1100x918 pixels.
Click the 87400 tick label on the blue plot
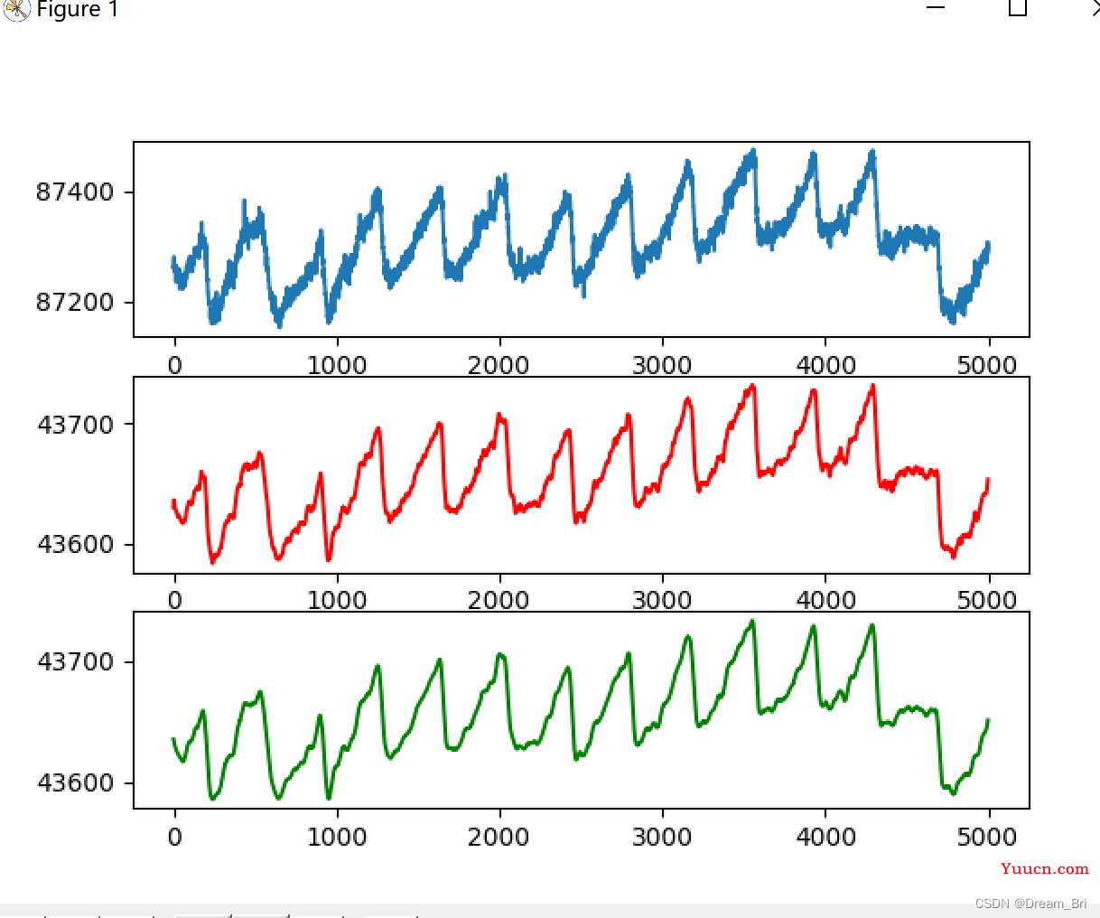75,192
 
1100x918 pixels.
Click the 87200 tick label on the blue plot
75,303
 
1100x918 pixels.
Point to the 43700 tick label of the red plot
76,425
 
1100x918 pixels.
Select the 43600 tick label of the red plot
76,545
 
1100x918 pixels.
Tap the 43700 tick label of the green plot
76,662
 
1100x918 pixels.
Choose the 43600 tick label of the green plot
76,782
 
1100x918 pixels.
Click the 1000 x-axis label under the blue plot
337,366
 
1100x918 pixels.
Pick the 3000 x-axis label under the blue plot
662,366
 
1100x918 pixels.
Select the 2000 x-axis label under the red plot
499,601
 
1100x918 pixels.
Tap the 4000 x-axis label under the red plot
825,601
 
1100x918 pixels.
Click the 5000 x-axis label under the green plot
988,838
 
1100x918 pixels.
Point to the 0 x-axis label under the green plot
174,838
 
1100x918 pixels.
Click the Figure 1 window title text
77,10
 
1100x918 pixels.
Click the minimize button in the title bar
936,8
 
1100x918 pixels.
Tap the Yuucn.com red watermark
1044,869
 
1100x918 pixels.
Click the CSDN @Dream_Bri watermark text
1030,904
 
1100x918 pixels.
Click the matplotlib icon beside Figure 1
16,9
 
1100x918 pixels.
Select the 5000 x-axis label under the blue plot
988,366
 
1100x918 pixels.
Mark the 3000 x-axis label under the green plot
662,838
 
